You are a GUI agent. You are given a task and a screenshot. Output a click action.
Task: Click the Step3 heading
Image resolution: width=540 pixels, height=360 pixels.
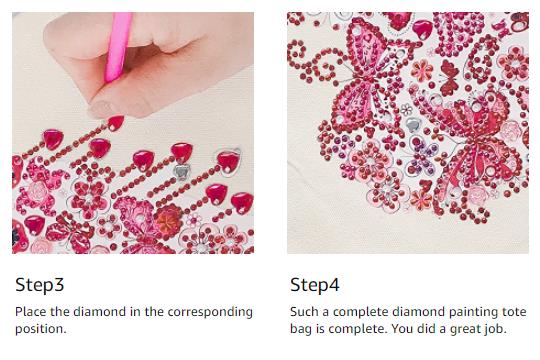point(40,285)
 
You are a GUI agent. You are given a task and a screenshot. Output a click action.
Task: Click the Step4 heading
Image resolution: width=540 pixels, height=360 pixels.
point(315,285)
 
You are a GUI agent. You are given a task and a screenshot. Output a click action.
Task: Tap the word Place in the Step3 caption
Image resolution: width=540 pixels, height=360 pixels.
point(31,312)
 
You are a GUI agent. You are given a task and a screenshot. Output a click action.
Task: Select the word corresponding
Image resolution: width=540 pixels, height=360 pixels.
point(210,313)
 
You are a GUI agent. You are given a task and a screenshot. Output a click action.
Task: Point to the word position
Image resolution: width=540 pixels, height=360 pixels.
point(40,329)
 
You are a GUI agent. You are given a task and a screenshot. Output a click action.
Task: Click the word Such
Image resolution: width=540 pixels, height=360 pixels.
point(304,312)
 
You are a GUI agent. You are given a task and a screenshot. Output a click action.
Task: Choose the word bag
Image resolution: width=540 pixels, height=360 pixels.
point(302,330)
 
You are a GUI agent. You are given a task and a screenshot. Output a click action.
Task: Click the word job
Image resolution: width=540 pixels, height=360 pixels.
point(496,330)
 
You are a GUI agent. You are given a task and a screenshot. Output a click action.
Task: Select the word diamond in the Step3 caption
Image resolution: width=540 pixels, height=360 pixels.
point(100,312)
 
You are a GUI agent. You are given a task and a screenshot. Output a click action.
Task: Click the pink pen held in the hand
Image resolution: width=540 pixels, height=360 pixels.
point(118,47)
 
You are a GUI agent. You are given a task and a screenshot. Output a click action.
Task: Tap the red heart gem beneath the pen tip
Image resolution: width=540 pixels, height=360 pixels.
point(116,123)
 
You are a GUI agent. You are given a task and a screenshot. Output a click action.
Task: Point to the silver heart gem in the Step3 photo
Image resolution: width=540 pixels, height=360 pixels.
point(181,171)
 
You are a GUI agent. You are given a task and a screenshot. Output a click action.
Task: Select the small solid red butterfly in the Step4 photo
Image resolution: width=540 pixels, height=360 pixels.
point(449,77)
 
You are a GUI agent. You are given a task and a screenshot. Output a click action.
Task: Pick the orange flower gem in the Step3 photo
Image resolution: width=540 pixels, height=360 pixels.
point(168,218)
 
